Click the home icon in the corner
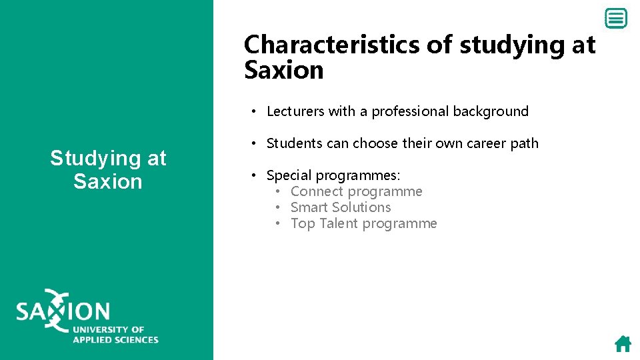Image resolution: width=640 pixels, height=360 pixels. coord(623,343)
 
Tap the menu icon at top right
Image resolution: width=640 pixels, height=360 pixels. coord(617,19)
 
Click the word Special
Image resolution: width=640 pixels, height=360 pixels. coord(289,175)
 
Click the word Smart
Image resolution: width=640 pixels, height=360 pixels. coord(310,207)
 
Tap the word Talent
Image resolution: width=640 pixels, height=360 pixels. coord(339,223)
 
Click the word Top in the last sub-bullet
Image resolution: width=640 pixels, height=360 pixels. coord(303,223)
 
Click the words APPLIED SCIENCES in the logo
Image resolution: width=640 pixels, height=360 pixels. coord(115,339)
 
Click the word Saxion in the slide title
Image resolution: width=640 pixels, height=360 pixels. coord(284,70)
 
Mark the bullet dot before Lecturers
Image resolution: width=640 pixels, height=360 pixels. coord(255,111)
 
